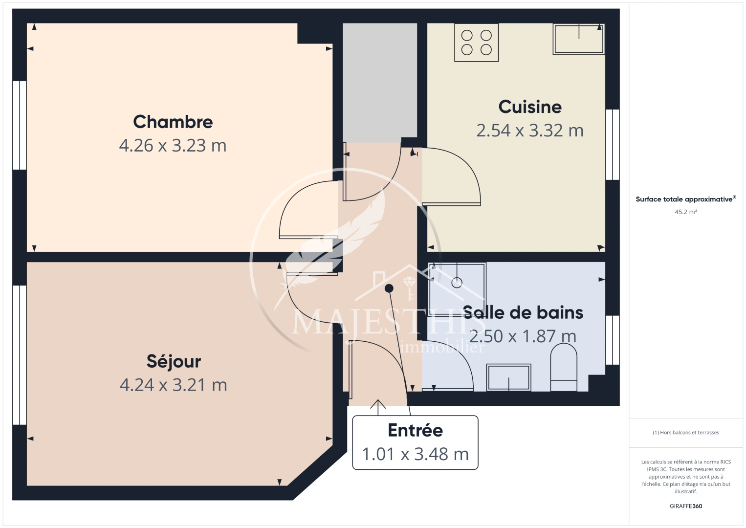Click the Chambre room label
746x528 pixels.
173,122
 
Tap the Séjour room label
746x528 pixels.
174,361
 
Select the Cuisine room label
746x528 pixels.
530,107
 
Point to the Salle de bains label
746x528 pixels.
523,313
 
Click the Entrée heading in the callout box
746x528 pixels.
416,430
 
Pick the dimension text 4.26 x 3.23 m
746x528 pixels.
173,146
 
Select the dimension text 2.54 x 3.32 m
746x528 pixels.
530,131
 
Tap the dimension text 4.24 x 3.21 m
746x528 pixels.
174,385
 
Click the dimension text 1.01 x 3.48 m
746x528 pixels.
416,454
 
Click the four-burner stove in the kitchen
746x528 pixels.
476,43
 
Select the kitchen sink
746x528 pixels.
579,39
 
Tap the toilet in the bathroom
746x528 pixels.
564,367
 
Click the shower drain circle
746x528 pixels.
457,283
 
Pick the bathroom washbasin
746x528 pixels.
508,377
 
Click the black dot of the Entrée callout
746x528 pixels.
389,288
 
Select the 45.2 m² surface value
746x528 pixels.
686,212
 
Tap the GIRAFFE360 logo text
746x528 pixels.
686,506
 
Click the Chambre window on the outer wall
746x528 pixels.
20,125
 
